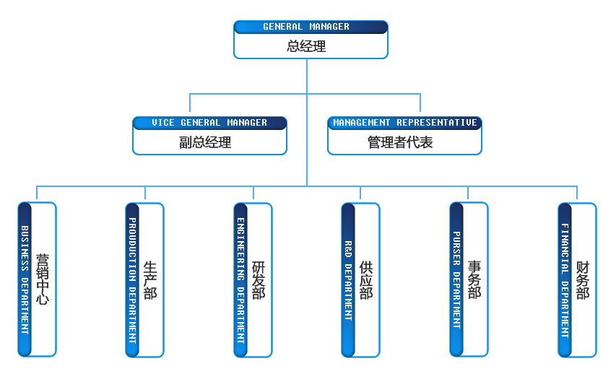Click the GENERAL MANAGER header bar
(311, 27)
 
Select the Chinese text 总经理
(307, 47)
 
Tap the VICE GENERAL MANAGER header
(209, 123)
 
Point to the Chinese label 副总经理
(205, 142)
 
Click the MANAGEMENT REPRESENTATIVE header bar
(404, 123)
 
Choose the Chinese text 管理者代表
(400, 142)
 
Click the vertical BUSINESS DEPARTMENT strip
(25, 279)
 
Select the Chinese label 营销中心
(43, 279)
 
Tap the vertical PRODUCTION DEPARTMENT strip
(132, 279)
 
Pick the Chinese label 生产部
(150, 279)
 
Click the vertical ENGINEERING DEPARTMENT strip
(241, 279)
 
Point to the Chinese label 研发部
(259, 279)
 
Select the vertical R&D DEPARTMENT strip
(348, 279)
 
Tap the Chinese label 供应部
(366, 279)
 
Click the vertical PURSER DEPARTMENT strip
(456, 279)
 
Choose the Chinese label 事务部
(474, 279)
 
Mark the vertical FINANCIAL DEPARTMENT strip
(565, 279)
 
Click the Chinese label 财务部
(583, 279)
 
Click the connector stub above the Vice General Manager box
(189, 104)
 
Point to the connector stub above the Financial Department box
(577, 193)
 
